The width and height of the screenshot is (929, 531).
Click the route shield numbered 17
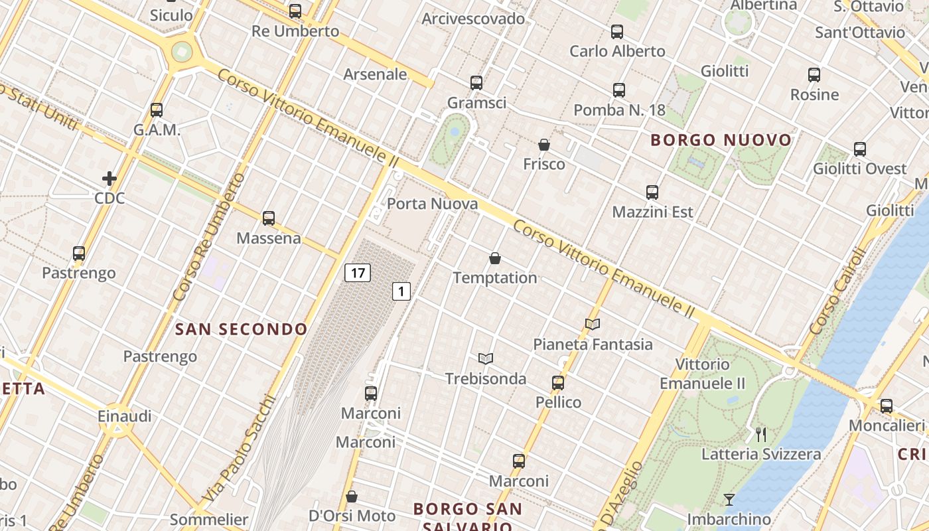coord(357,272)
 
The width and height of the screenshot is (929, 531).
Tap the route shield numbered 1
coord(401,291)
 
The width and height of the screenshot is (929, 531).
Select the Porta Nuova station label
coord(432,204)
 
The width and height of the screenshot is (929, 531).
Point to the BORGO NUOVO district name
coord(721,140)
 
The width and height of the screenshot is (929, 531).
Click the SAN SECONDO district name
coord(241,329)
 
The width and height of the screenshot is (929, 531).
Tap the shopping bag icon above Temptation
coord(494,258)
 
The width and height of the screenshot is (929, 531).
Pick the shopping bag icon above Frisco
coord(544,145)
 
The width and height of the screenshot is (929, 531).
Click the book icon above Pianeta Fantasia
coord(593,324)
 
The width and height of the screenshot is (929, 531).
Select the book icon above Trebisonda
coord(486,358)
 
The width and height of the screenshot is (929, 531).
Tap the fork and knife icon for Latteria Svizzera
coord(761,435)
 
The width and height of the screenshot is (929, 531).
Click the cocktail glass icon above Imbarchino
coord(729,500)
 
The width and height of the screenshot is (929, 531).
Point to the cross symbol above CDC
coord(109,179)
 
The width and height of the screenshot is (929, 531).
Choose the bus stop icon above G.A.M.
coord(157,110)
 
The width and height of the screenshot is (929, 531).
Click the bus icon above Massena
coord(269,218)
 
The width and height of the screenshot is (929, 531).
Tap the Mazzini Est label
coord(652,212)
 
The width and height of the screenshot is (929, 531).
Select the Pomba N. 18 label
coord(619,110)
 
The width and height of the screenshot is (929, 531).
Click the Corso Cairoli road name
coord(837,291)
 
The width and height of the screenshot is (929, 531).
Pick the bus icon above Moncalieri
coord(887,406)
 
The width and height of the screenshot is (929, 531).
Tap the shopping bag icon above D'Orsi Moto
coord(352,496)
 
